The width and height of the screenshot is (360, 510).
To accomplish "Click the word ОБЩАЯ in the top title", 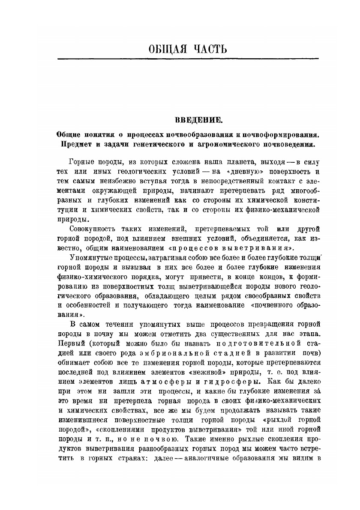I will pyautogui.click(x=160, y=48).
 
